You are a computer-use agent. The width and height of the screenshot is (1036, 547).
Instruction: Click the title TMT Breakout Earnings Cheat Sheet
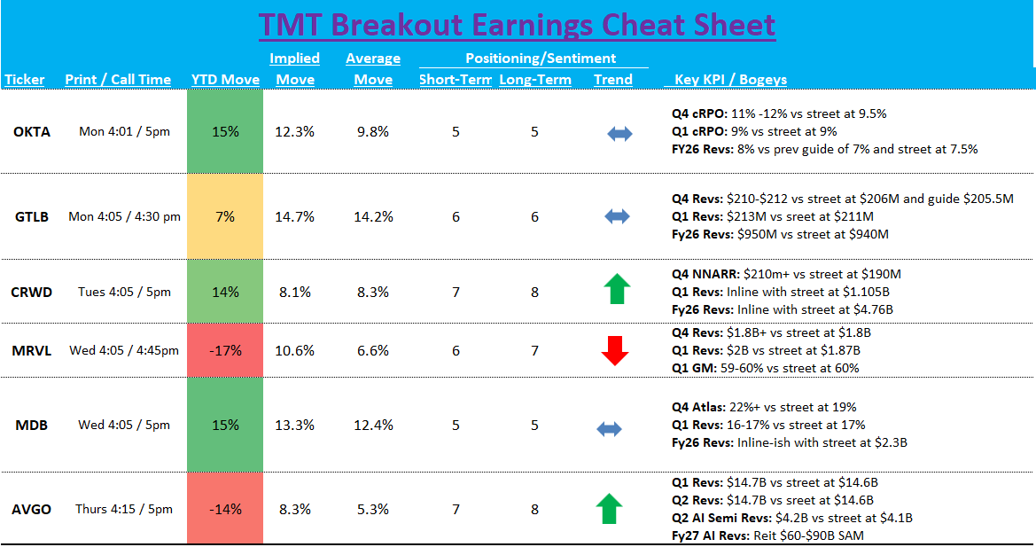click(x=517, y=25)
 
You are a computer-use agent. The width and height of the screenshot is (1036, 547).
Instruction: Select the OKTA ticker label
click(x=32, y=132)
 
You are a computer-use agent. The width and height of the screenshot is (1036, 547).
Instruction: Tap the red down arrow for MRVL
click(x=614, y=350)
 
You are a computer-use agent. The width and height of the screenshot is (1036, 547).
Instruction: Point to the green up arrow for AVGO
click(x=610, y=509)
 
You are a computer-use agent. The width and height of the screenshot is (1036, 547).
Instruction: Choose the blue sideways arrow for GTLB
click(x=618, y=216)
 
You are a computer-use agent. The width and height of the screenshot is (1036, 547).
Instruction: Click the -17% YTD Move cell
click(x=225, y=350)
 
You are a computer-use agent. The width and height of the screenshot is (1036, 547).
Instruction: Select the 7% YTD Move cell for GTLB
click(x=225, y=216)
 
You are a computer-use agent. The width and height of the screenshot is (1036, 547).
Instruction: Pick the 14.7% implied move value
click(x=294, y=216)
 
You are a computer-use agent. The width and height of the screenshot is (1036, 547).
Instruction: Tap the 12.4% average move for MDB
click(x=372, y=425)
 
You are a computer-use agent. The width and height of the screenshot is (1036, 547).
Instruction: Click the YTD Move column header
click(x=225, y=80)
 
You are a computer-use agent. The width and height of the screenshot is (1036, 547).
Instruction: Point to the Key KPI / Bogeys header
click(x=730, y=80)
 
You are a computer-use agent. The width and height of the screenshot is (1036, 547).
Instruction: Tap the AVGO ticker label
click(x=32, y=509)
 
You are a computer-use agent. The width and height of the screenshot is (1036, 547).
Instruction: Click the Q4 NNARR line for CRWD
click(x=787, y=275)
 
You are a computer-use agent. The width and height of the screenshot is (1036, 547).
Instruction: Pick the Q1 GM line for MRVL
click(x=766, y=368)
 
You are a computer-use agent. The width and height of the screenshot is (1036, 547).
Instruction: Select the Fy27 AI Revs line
click(x=767, y=535)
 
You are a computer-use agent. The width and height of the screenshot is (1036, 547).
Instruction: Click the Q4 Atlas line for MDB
click(x=764, y=408)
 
